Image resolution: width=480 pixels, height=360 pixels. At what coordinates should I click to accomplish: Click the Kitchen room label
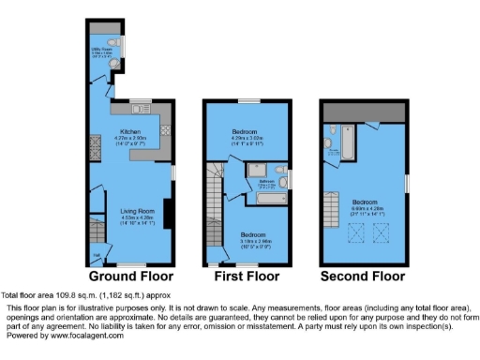(130, 132)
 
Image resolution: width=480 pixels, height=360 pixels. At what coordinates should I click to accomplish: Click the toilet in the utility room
(112, 43)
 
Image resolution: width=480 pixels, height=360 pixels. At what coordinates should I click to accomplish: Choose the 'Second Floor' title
(364, 277)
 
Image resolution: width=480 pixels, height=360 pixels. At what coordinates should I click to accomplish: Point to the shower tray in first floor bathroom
(232, 172)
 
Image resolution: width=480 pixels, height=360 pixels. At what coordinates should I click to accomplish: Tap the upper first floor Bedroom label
(248, 131)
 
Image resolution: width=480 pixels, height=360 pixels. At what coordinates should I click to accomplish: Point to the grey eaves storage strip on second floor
(364, 111)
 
